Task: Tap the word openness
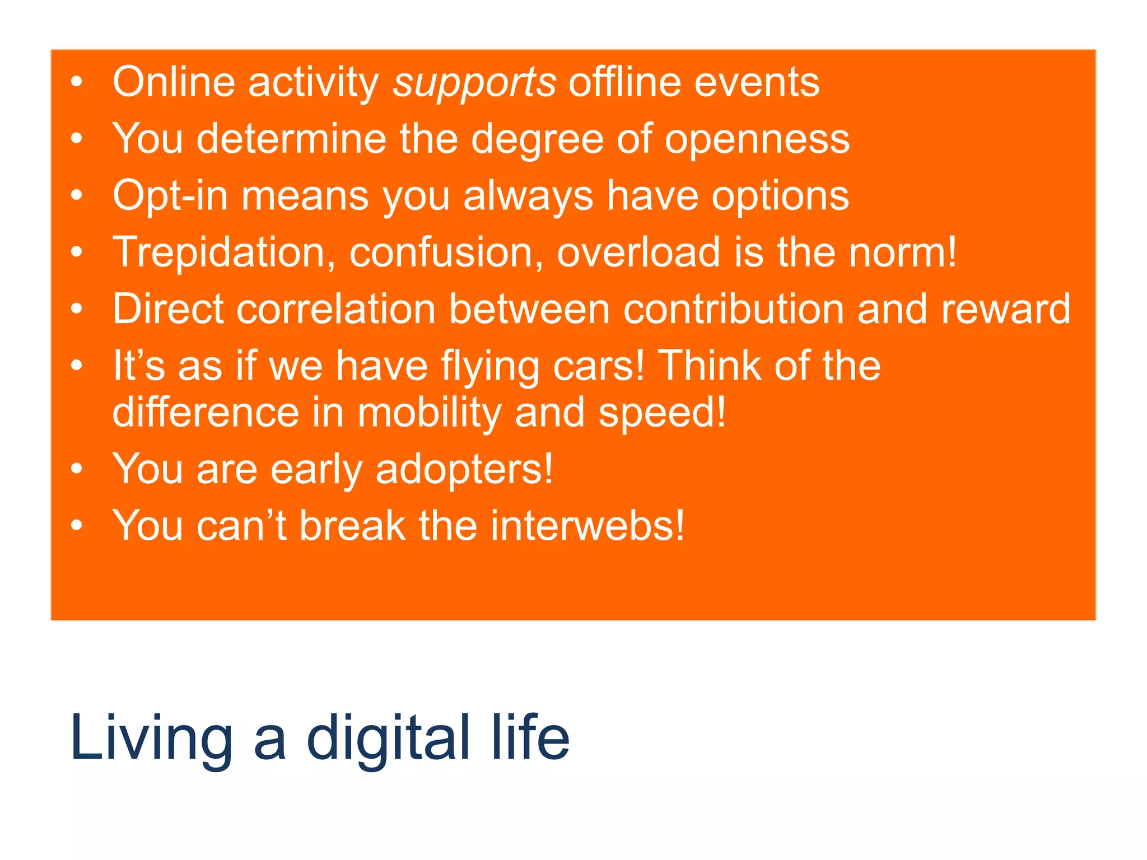click(x=757, y=140)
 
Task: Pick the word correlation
click(x=336, y=309)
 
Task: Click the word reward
click(x=1005, y=309)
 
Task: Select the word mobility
click(x=429, y=413)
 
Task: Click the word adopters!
click(x=464, y=469)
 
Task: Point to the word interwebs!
click(x=588, y=526)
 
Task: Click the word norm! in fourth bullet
click(x=902, y=253)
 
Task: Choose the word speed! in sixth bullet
click(x=662, y=413)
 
